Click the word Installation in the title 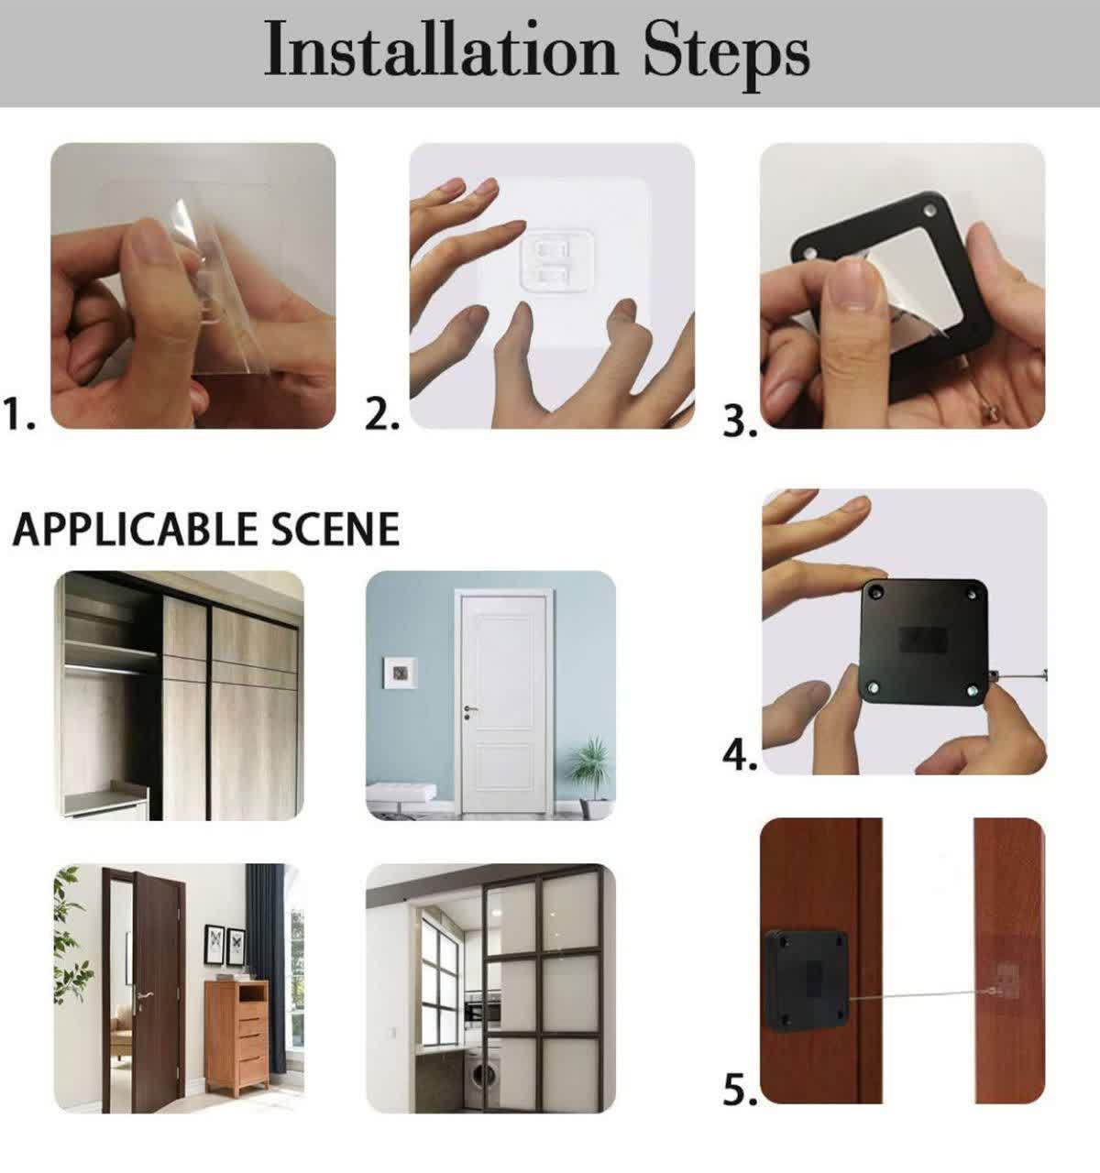point(440,49)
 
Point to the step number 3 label point(740,422)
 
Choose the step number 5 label point(740,1089)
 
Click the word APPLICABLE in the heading point(136,529)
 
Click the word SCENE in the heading point(335,529)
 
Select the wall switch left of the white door point(401,672)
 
